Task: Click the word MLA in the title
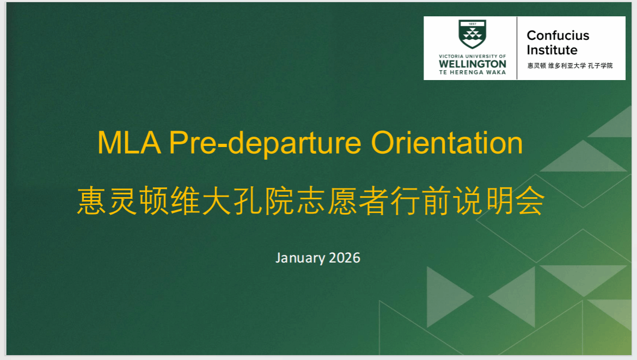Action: [x=129, y=143]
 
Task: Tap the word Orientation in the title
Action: [x=446, y=143]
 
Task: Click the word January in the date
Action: [x=300, y=258]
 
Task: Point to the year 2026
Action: [x=345, y=258]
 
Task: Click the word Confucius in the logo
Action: [x=558, y=35]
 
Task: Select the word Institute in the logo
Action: [x=552, y=50]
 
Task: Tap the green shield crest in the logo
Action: [x=472, y=34]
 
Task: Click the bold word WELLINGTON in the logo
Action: [x=473, y=64]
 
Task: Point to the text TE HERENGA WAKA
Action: [x=473, y=72]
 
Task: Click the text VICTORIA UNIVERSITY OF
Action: [x=473, y=57]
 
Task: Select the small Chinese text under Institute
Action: [x=570, y=65]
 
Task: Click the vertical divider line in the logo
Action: [x=517, y=48]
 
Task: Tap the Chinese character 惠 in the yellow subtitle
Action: [x=91, y=200]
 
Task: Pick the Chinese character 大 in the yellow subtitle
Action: [x=217, y=200]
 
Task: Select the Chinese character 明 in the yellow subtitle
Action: [x=499, y=200]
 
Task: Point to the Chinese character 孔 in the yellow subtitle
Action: [x=248, y=200]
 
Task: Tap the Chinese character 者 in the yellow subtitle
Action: [x=373, y=200]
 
